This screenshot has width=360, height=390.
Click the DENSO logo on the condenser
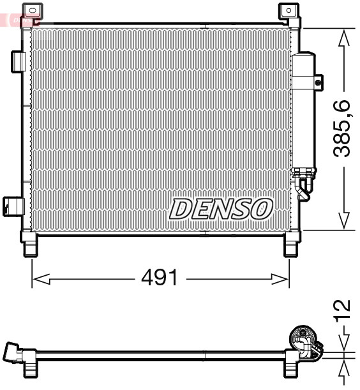click(221, 208)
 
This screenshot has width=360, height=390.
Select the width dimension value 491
click(159, 278)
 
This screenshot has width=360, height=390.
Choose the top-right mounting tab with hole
click(289, 11)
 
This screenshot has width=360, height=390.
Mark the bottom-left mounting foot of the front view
click(31, 245)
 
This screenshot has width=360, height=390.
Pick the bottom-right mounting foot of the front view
click(290, 245)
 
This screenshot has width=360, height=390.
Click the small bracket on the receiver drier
click(319, 82)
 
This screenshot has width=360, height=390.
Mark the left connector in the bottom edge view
click(14, 353)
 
